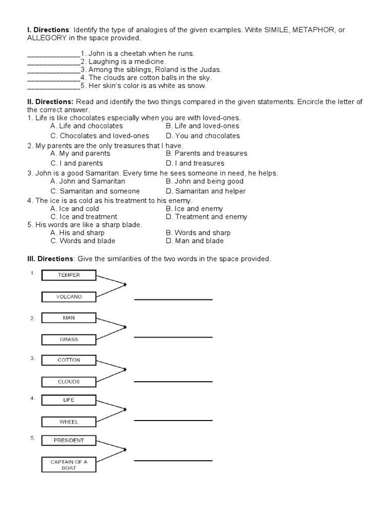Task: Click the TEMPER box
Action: point(69,275)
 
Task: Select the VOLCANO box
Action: point(69,297)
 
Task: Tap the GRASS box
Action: point(69,339)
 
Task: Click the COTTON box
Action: point(69,360)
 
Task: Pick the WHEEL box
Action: point(69,422)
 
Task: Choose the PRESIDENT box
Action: point(69,440)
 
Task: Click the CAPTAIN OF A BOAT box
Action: point(69,465)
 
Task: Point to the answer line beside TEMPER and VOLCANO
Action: point(173,299)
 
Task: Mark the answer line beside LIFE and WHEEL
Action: point(173,420)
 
